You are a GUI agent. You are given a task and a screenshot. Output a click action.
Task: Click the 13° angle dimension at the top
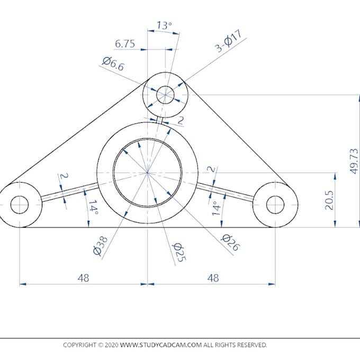coord(164,24)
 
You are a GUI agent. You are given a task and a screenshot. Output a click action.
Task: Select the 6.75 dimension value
coord(125,44)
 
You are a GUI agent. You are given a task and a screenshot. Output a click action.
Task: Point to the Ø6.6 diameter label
coord(113,64)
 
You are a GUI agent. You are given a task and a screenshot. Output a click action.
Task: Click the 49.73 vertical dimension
coord(355,160)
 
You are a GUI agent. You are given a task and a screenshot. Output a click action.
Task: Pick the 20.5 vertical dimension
coord(329,200)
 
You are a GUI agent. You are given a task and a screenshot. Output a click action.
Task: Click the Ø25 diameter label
coord(177,253)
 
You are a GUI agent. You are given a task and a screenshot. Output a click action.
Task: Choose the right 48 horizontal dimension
coord(213,277)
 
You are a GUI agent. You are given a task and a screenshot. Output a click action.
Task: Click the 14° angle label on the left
coord(93,209)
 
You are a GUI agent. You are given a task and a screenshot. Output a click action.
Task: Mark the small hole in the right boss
coord(275,204)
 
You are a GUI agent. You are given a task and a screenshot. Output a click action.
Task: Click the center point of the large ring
coord(148,173)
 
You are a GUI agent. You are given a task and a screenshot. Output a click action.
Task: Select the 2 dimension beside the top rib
coord(180,121)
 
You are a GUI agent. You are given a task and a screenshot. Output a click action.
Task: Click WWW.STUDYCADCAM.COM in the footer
coord(161,345)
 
